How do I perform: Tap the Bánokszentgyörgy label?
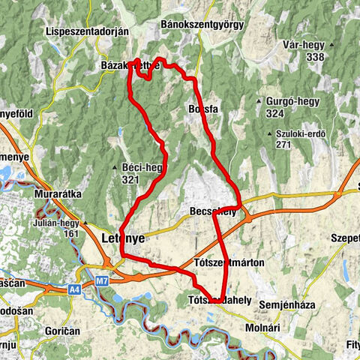click(x=202, y=25)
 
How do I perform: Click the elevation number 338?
click(x=314, y=57)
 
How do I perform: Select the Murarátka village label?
click(x=57, y=193)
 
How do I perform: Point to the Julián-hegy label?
click(x=56, y=223)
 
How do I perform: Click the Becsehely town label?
click(x=213, y=212)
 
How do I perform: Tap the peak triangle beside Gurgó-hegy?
click(x=257, y=101)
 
